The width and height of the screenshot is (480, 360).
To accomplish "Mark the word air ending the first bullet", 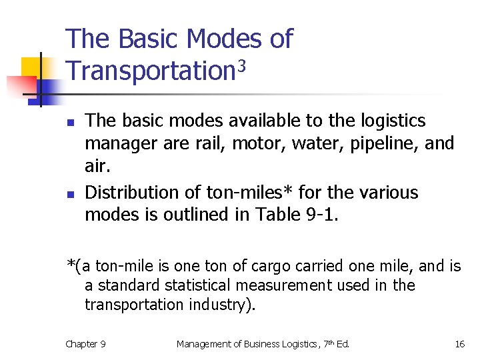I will (x=97, y=166).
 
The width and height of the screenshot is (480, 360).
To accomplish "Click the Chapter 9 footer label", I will (x=85, y=344).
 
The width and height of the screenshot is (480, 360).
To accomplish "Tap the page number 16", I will (x=459, y=344).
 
